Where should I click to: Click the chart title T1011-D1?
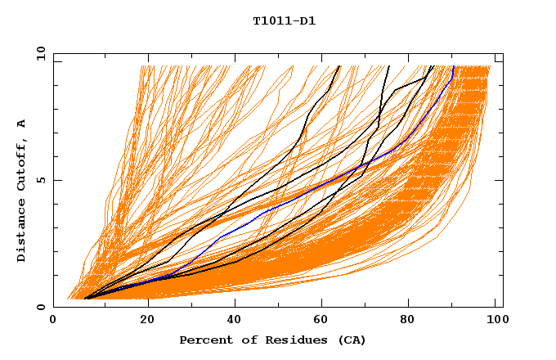(284, 20)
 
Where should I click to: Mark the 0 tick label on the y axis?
(40, 307)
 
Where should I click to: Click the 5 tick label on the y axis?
(40, 180)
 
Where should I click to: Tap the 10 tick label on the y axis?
(38, 53)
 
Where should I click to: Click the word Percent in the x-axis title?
(204, 340)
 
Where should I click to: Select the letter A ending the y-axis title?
(21, 123)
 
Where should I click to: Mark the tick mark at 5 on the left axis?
(56, 180)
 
